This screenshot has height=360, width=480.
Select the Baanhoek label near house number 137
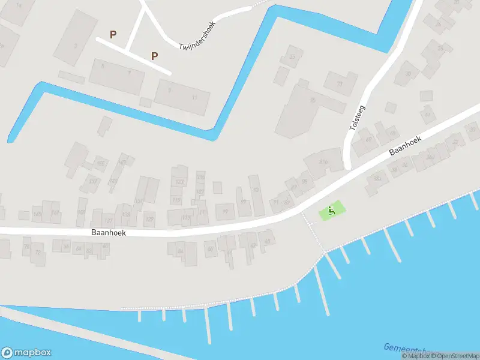point(109,232)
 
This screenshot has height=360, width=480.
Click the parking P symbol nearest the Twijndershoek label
point(154,56)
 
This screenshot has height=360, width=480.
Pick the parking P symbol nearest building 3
point(113,35)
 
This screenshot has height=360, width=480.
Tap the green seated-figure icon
point(331,211)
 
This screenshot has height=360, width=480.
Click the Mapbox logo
point(26,353)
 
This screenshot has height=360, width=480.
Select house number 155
point(101,163)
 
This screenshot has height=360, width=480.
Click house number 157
point(92,181)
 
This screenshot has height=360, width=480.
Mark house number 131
point(139,201)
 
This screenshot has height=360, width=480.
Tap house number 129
point(149,220)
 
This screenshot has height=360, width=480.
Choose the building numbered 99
point(226,211)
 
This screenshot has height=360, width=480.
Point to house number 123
point(179,182)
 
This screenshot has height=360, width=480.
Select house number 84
point(181,251)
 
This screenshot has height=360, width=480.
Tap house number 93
point(256,190)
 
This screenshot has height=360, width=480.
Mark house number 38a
point(377,178)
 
